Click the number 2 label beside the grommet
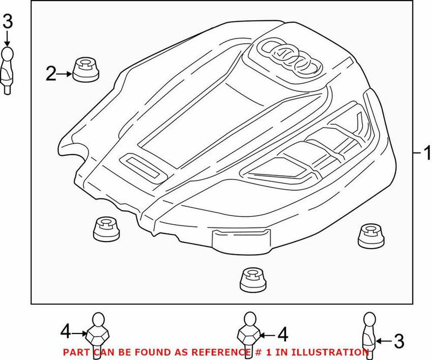pos(51,74)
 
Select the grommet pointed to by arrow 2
pos(85,70)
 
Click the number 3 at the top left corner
pos(7,22)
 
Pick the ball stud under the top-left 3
pos(8,68)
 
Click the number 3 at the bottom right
pos(399,341)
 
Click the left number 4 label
pos(65,330)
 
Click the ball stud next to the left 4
pos(98,331)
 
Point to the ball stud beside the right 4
pos(250,331)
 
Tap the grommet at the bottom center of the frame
pos(253,279)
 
